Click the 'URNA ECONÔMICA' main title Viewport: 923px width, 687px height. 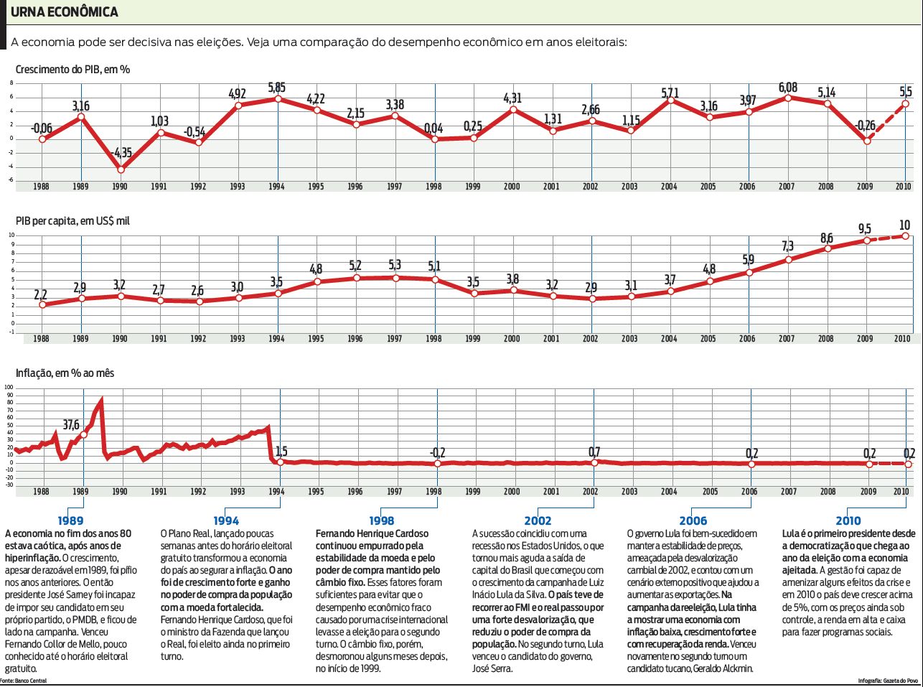64,12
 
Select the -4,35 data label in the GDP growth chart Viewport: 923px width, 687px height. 122,153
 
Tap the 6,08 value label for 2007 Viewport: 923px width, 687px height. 787,88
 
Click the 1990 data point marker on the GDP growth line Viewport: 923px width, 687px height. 121,170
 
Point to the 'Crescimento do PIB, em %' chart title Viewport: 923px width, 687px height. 72,70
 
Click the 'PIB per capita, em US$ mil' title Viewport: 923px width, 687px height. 72,221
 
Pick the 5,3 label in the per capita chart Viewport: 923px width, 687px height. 394,265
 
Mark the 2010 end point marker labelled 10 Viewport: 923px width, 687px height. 906,235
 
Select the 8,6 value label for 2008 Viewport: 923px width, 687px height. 827,238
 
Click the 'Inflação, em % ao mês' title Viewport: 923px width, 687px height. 65,373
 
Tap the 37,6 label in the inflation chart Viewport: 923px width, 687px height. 71,424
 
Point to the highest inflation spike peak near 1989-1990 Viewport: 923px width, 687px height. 101,401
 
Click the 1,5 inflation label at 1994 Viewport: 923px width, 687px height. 281,452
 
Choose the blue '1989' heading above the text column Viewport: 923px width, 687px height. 70,520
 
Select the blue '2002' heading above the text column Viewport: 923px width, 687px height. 538,520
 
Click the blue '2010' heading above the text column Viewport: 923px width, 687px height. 848,520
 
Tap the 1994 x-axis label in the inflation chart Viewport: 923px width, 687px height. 276,492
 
